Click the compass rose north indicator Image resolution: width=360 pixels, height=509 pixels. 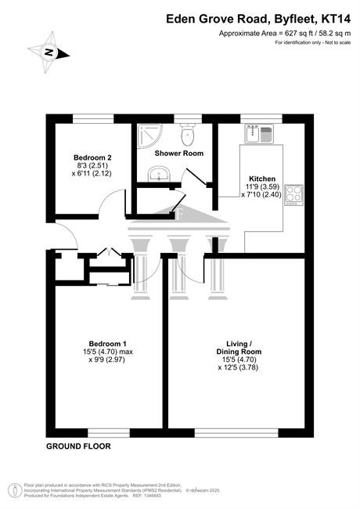tap(49, 52)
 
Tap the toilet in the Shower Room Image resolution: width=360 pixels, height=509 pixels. tap(188, 135)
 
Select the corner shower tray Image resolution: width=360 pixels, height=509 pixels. tap(149, 136)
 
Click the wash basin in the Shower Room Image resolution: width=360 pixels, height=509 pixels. tap(159, 174)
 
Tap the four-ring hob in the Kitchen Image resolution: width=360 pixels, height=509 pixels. tap(293, 195)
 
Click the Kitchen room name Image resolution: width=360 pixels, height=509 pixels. tap(262, 179)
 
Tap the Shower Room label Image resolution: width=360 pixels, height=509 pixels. tap(179, 153)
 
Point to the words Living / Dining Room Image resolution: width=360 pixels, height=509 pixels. tap(239, 348)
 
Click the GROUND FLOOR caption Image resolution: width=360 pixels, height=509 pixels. tap(78, 446)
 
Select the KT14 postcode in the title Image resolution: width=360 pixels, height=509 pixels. tap(336, 19)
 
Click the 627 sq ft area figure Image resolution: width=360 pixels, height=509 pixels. tap(297, 33)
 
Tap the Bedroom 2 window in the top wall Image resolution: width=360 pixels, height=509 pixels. tap(93, 119)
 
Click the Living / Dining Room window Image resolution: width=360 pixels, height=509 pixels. tap(236, 433)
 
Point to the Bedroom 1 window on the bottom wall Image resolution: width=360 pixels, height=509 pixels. tap(109, 433)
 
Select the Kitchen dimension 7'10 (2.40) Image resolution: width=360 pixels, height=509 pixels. tap(261, 195)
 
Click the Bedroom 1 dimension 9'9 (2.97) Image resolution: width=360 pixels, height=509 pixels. tap(106, 359)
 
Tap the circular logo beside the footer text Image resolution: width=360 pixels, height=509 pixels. tap(15, 490)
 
